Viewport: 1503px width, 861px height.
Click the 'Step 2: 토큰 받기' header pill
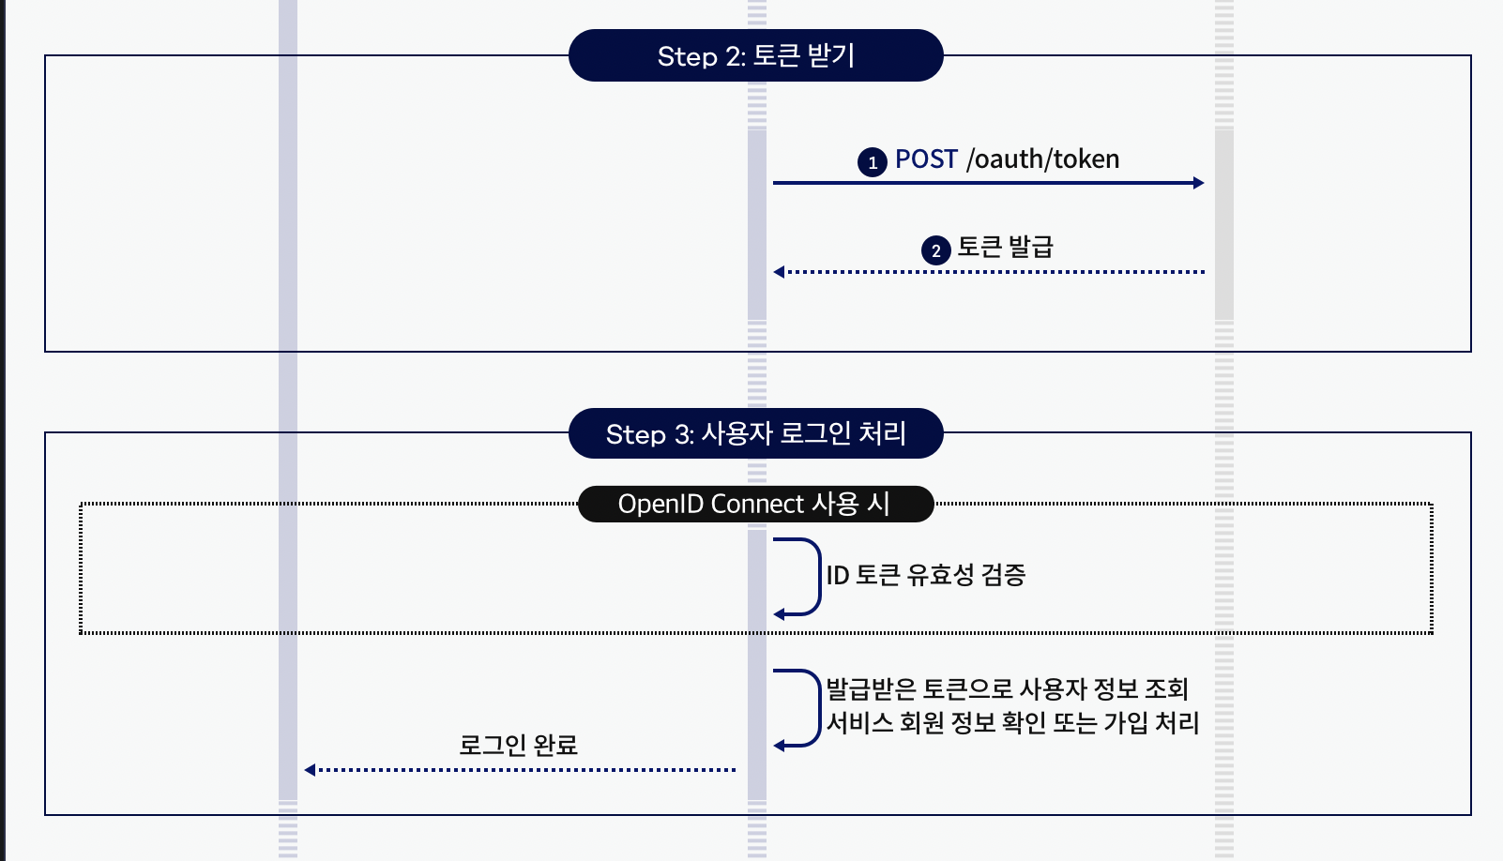click(x=755, y=55)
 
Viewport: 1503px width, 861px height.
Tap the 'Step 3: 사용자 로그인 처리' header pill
click(x=755, y=433)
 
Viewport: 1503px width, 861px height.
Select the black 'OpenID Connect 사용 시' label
click(x=755, y=504)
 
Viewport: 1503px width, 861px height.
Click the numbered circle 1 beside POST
click(x=873, y=162)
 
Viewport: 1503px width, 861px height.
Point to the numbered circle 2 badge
click(x=935, y=250)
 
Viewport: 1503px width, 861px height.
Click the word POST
click(x=926, y=159)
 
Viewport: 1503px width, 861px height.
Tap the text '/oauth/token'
click(x=1042, y=159)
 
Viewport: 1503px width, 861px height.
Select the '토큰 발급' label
click(x=1005, y=248)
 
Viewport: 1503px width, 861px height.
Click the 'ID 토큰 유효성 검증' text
click(x=925, y=575)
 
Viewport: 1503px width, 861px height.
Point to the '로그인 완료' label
click(x=518, y=746)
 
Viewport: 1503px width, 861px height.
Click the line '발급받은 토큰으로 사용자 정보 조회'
click(x=1007, y=689)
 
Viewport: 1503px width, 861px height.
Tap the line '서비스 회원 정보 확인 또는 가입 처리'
click(x=1012, y=723)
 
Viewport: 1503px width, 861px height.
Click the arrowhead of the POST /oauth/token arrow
click(x=1198, y=183)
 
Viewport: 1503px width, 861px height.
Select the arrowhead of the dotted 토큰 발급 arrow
click(x=779, y=272)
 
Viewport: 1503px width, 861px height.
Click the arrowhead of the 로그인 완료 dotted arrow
click(x=310, y=770)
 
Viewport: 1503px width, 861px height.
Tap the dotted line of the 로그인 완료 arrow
click(x=525, y=770)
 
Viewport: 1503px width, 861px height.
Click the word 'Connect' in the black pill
click(x=756, y=504)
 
